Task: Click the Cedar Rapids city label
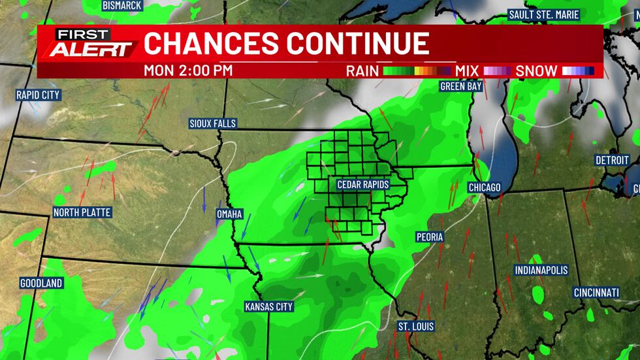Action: click(362, 185)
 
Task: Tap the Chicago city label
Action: click(485, 188)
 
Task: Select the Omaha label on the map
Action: click(229, 214)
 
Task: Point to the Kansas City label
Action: click(269, 306)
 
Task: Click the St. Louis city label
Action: click(416, 326)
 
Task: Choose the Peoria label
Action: click(430, 237)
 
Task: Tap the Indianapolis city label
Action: click(541, 270)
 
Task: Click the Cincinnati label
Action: click(597, 293)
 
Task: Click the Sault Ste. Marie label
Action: click(545, 14)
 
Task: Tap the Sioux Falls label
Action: click(212, 123)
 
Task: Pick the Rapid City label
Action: click(38, 95)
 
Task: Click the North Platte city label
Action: click(82, 212)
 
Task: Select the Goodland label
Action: click(41, 284)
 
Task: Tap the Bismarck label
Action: click(123, 5)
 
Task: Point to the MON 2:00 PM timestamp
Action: click(188, 71)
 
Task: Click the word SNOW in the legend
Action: click(536, 71)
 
